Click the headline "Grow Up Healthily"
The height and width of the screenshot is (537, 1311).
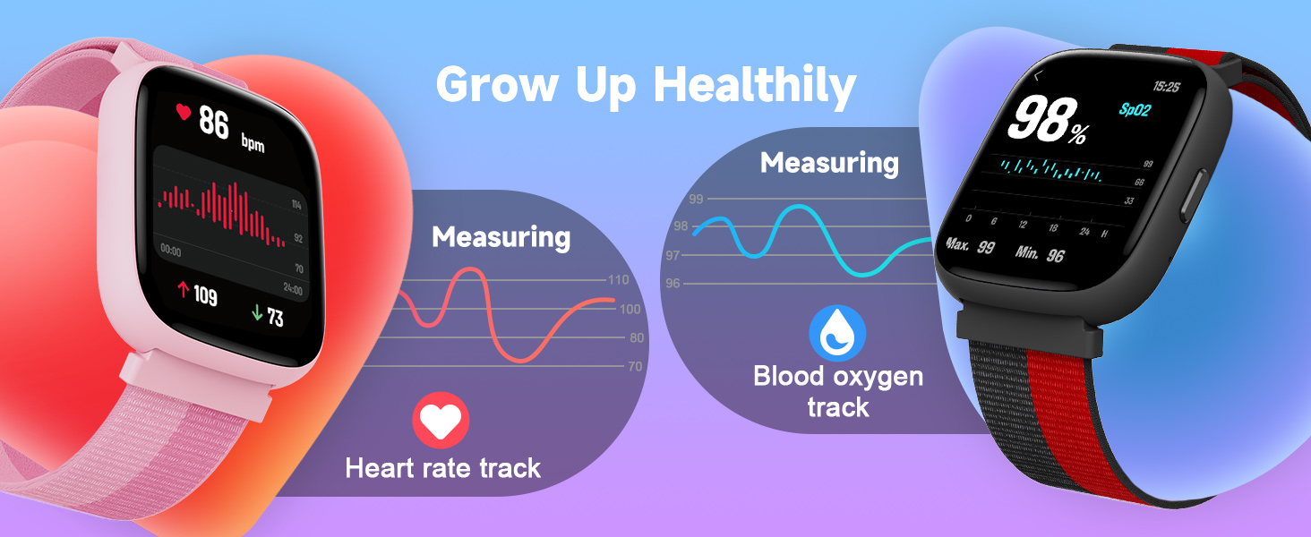click(645, 85)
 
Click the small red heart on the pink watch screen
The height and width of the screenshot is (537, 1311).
click(183, 112)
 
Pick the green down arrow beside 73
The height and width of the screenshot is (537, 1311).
click(256, 312)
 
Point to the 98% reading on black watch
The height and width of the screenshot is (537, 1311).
click(1048, 122)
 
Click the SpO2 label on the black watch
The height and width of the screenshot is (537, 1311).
click(1135, 109)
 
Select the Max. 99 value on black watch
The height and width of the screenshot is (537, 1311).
click(971, 245)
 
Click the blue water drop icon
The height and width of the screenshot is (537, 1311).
click(837, 332)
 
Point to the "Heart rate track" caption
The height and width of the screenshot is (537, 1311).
click(443, 467)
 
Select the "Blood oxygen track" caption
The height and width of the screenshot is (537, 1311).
click(837, 391)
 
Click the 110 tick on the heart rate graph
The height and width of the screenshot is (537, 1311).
click(618, 280)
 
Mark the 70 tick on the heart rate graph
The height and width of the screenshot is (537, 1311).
click(635, 366)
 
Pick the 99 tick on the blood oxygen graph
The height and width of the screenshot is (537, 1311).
click(695, 199)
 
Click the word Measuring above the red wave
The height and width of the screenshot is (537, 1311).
click(501, 237)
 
